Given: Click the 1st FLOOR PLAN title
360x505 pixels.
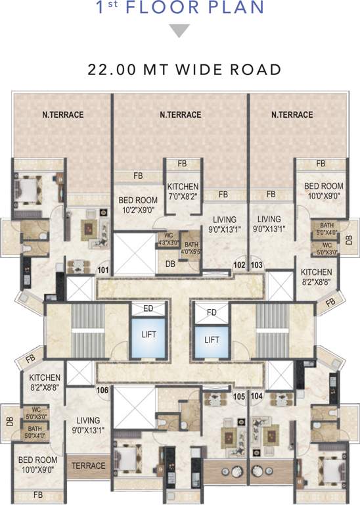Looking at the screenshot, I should pos(180,9).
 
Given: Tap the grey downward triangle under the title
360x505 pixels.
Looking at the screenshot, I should pos(180,31).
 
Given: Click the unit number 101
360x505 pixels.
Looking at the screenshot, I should pos(103,270).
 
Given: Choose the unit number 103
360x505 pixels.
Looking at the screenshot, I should pos(257,265).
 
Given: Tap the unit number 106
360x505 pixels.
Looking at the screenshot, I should pos(102,390).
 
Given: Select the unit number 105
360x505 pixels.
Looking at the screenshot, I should pos(238,397).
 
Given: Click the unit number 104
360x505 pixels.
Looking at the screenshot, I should pos(257,397).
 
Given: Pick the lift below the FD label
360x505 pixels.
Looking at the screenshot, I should pos(211,339).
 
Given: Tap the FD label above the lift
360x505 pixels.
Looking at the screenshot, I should pos(211,312).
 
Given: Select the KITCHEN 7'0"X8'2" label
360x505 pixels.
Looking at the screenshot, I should pos(182,191).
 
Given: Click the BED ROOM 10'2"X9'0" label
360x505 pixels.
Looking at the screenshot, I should pos(137,204).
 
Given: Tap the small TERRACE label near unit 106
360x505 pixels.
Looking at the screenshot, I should pos(89,466).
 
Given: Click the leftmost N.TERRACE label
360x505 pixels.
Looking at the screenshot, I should pos(59,114).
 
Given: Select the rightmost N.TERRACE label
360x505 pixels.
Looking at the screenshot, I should pos(292,114).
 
